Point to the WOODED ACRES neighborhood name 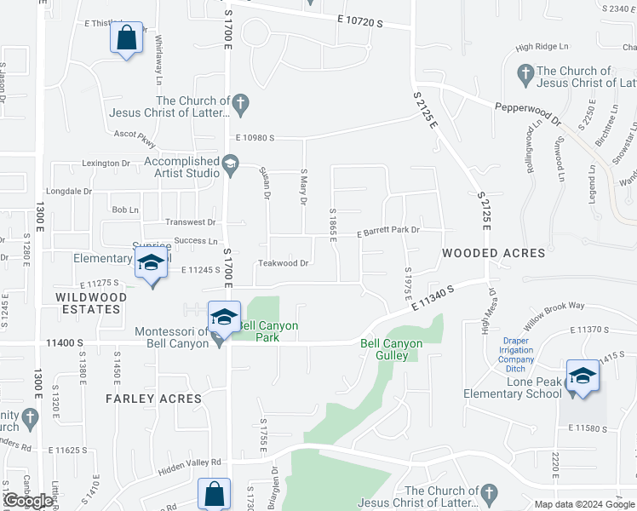tap(493, 254)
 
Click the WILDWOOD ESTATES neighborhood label tap(91, 303)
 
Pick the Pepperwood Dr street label tap(529, 111)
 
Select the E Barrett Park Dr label tap(389, 231)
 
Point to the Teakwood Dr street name tap(283, 263)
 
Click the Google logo tap(29, 501)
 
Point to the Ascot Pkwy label tap(135, 134)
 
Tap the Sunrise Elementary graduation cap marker tap(151, 264)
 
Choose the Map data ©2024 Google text tap(584, 504)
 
